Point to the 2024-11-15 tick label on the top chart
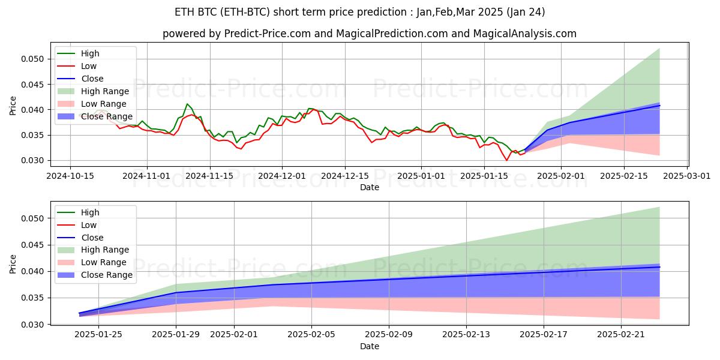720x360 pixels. click(x=209, y=175)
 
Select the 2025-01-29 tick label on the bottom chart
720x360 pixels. click(x=176, y=335)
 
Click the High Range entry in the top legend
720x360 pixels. click(x=104, y=91)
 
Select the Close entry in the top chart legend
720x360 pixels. click(x=92, y=79)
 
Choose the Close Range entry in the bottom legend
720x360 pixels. click(x=106, y=275)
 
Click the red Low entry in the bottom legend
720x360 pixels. click(x=88, y=225)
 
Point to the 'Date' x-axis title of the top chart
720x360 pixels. click(x=369, y=187)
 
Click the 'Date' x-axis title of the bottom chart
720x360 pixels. click(x=369, y=346)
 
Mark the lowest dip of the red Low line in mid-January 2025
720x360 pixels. click(x=506, y=160)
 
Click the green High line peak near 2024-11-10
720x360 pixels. click(x=187, y=104)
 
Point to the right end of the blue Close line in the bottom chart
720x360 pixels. click(x=659, y=266)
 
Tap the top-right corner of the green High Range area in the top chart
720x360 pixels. click(x=659, y=49)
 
